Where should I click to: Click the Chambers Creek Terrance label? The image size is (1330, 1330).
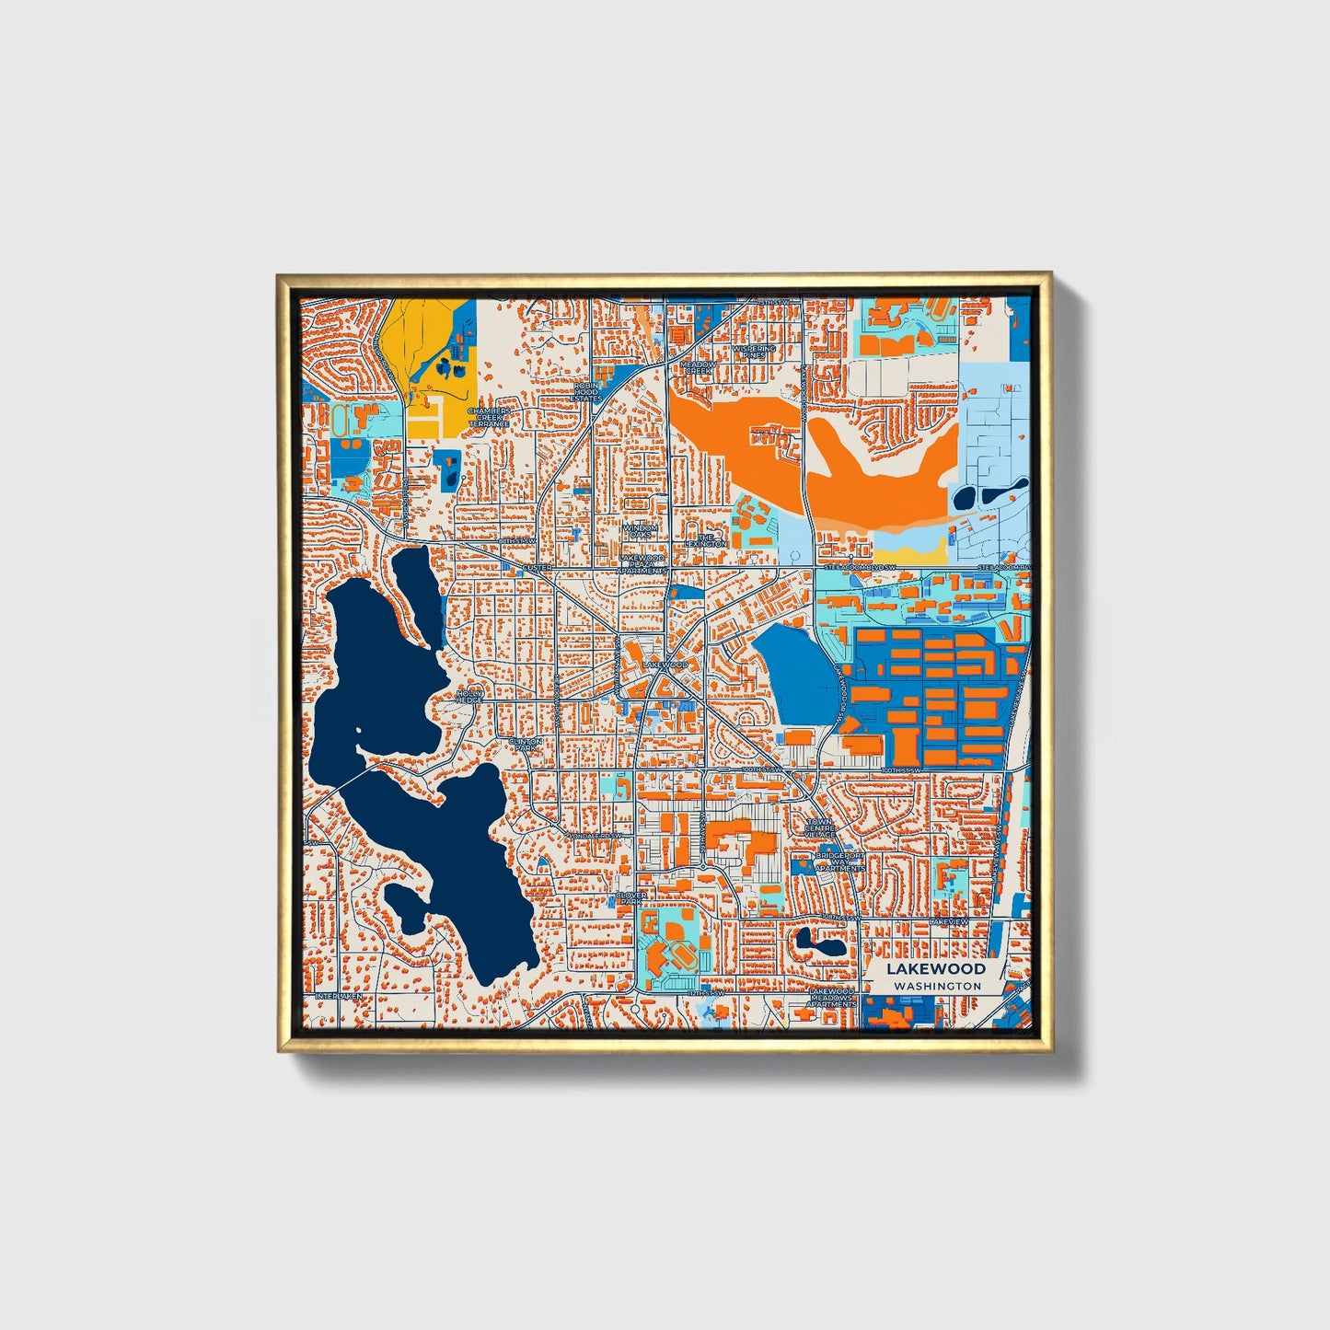[x=488, y=417]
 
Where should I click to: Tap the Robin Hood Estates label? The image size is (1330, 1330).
[x=586, y=392]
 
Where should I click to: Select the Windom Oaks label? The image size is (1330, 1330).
[x=640, y=531]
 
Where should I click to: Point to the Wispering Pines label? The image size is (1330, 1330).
[x=754, y=353]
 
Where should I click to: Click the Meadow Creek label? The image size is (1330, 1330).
[x=698, y=368]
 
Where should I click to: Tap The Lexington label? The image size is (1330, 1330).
[x=706, y=540]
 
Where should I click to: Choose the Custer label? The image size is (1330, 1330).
[x=538, y=568]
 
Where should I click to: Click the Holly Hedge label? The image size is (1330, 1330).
[x=469, y=696]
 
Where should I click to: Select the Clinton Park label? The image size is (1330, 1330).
[x=526, y=745]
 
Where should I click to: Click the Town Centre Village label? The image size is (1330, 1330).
[x=820, y=828]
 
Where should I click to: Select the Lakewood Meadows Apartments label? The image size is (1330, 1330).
[x=831, y=997]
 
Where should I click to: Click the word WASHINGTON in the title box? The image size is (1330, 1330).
[x=937, y=986]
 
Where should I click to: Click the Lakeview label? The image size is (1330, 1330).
[x=948, y=921]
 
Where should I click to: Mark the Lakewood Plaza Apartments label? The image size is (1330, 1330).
[x=642, y=563]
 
